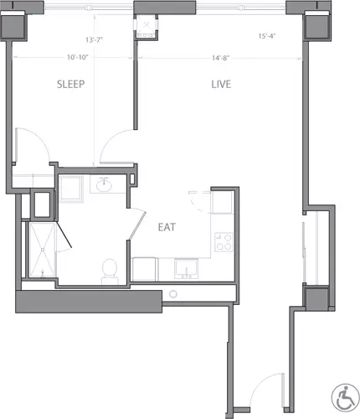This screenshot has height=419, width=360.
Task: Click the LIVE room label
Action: (x=221, y=85)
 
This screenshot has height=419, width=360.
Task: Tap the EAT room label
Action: (x=166, y=226)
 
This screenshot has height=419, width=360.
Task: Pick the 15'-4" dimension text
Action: (x=268, y=36)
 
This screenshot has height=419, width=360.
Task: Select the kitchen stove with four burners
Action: (x=224, y=243)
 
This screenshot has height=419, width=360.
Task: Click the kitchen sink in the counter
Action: (x=186, y=268)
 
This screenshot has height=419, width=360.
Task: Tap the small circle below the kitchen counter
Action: (x=173, y=294)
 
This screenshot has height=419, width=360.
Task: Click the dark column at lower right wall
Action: (x=316, y=300)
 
